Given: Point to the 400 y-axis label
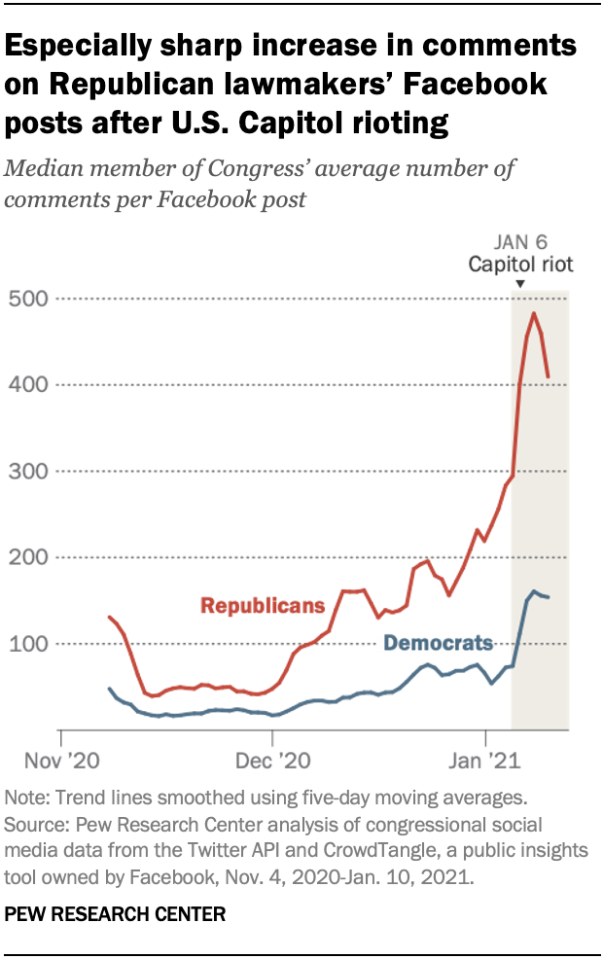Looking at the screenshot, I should click(27, 384).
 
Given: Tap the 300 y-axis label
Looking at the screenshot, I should click(27, 470).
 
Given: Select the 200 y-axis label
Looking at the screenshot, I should click(27, 556).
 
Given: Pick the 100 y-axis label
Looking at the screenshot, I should click(27, 643).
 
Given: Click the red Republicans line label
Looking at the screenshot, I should click(263, 605).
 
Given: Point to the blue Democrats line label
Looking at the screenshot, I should click(439, 643).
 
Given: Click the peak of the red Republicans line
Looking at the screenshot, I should click(534, 313).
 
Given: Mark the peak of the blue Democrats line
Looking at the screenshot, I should click(534, 591).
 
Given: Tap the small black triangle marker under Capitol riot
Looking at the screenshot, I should click(520, 283).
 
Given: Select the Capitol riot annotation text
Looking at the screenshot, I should click(520, 265).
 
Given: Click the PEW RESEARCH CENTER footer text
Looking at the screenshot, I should click(116, 913).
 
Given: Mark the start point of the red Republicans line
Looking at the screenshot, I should click(109, 617).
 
